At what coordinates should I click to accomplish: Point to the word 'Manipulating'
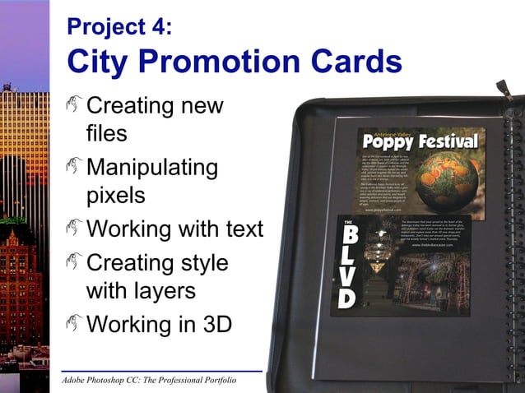152,169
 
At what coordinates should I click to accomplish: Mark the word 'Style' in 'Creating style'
198,264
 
